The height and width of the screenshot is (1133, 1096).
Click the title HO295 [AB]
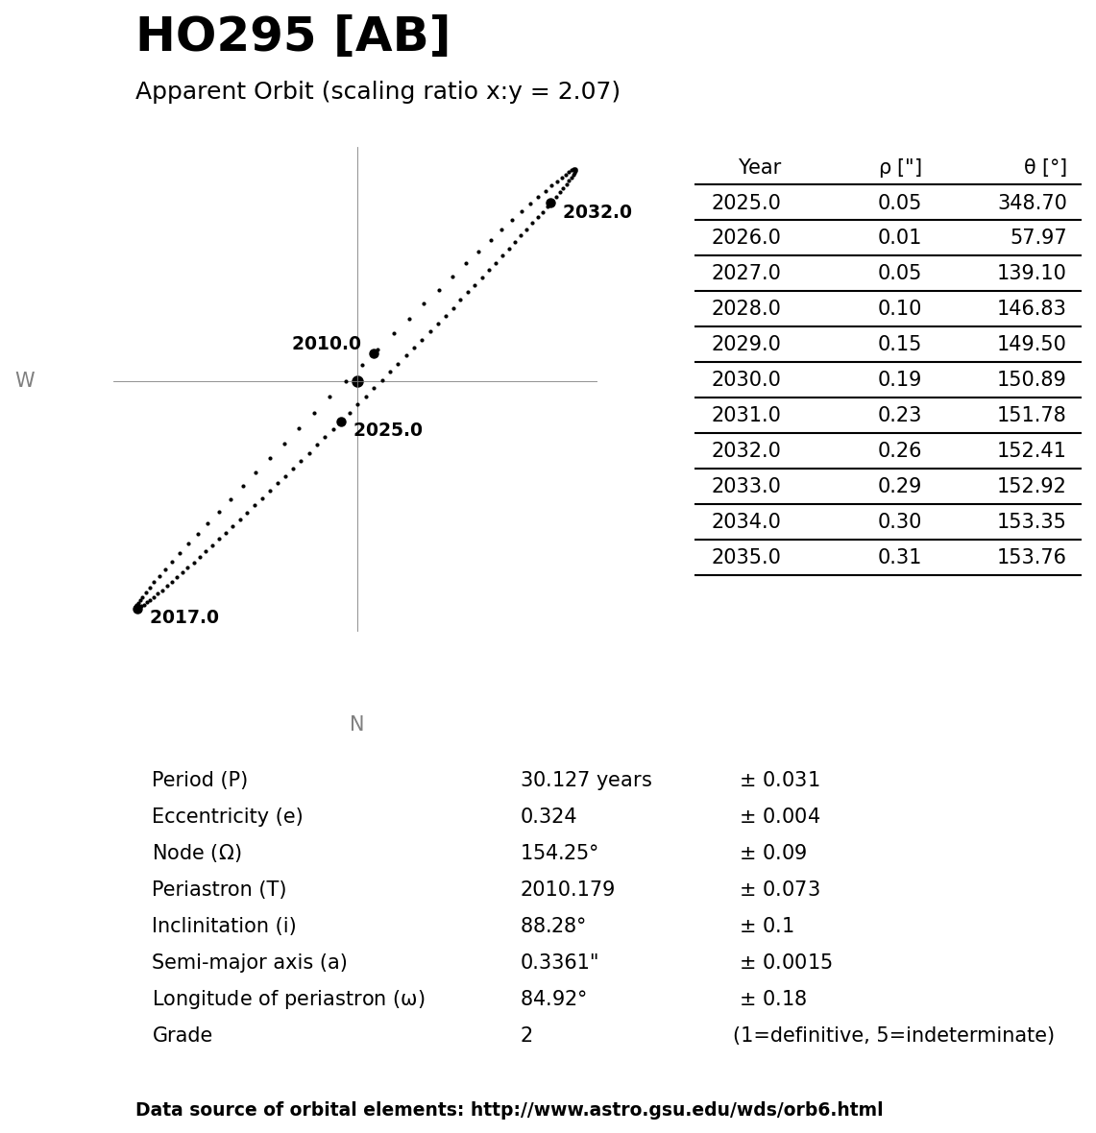click(292, 36)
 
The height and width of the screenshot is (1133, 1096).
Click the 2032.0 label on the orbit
click(597, 212)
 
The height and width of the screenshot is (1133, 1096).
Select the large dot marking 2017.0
click(137, 609)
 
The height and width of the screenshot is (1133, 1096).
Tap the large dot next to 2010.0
click(374, 353)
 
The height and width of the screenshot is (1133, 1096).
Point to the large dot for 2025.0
click(341, 422)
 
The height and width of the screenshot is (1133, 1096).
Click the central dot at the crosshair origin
click(357, 381)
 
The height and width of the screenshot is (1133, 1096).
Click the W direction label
click(25, 381)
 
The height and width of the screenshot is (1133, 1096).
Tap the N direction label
click(356, 724)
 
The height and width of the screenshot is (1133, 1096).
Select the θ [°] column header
click(1044, 168)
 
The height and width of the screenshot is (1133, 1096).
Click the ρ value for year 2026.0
click(899, 238)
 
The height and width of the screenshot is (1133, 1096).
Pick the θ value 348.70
click(1032, 204)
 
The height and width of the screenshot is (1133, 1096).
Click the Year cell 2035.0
click(745, 558)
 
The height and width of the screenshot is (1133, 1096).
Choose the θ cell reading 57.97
click(1037, 238)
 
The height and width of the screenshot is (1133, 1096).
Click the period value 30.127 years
click(586, 781)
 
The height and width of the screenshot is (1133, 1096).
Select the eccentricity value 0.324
click(548, 817)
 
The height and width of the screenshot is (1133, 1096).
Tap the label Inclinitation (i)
click(224, 927)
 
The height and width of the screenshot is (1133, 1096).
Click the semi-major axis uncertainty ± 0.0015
click(786, 963)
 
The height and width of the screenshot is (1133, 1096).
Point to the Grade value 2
click(526, 1036)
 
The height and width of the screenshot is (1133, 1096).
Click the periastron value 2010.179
click(567, 890)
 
